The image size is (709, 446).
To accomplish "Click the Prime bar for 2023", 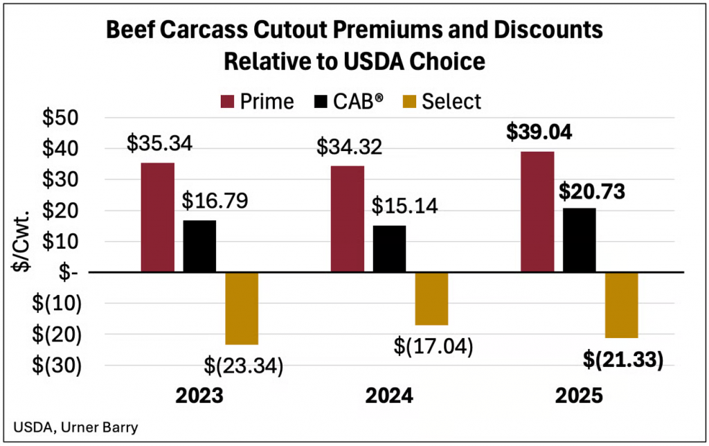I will coord(157,217).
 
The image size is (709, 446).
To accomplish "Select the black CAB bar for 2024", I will coord(389,249).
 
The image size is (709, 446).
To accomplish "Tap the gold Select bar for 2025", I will coord(621,305).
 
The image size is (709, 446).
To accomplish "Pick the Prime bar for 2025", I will coord(537,212).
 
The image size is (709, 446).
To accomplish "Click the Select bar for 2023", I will coord(242,308).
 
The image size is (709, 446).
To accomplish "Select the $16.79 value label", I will coord(215,201).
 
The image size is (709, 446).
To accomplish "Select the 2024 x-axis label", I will coord(389,397).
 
